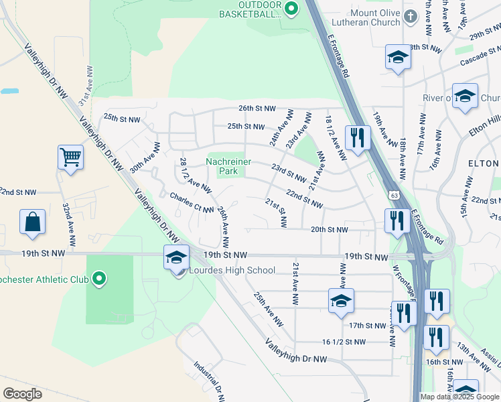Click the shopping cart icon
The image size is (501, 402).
70,158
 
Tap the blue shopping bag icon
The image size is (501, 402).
32,222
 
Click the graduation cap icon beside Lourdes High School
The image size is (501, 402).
176,257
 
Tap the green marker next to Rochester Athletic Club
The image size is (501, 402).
99,278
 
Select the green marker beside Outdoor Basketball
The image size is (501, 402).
291,9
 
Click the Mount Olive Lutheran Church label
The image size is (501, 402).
374,17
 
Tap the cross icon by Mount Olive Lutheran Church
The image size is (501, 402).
410,18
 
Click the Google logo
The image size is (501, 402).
23,394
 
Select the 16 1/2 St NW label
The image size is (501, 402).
344,342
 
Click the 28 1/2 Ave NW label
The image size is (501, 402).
196,173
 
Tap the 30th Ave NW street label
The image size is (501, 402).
145,158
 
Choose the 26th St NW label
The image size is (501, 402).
257,108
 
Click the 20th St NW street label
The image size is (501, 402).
329,229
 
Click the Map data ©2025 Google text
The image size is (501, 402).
459,397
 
